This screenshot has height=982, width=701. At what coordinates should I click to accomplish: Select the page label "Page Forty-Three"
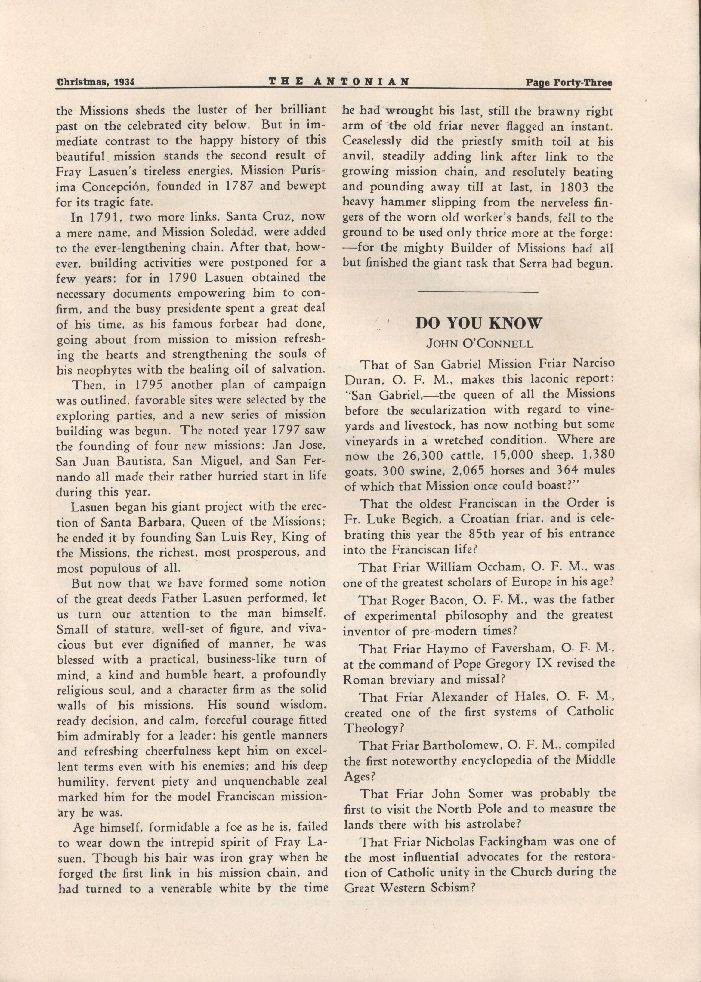pyautogui.click(x=569, y=82)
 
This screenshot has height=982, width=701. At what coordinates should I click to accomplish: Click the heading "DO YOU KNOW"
pyautogui.click(x=478, y=324)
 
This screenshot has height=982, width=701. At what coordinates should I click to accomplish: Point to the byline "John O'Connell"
pyautogui.click(x=479, y=344)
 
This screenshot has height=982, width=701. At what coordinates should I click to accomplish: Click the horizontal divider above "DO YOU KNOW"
pyautogui.click(x=478, y=292)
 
